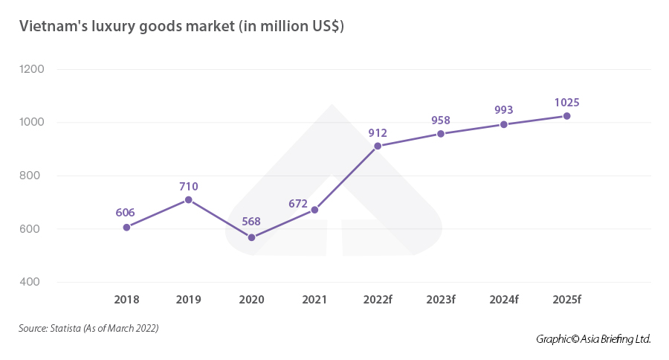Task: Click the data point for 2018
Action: click(126, 227)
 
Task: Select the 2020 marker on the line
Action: click(251, 237)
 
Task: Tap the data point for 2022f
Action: click(378, 146)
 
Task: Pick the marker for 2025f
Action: click(567, 116)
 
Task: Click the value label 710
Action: click(189, 187)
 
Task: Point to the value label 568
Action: click(251, 223)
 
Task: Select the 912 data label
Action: click(378, 132)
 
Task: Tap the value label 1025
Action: click(567, 103)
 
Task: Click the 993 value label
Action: click(504, 110)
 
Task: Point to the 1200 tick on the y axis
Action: click(33, 69)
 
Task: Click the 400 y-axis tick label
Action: click(34, 282)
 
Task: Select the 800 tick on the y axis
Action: click(34, 176)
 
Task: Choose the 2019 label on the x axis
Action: click(189, 300)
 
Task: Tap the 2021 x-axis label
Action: click(314, 300)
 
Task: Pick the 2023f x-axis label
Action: click(441, 300)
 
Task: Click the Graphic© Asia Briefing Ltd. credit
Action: click(593, 339)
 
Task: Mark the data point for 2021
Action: click(314, 210)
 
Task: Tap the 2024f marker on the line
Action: click(504, 124)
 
